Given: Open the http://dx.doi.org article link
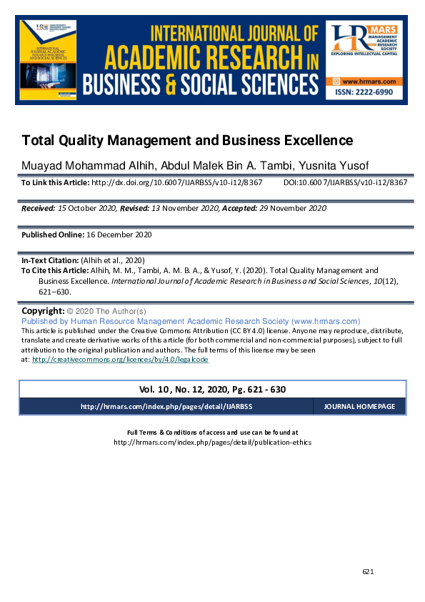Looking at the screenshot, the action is point(176,183).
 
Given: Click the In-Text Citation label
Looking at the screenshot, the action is point(50,261).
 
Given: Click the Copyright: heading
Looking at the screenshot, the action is point(43,312).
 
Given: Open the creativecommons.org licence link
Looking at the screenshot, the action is point(120,360).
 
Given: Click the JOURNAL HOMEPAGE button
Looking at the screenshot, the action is point(359,406).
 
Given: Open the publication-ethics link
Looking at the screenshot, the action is point(212,442).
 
